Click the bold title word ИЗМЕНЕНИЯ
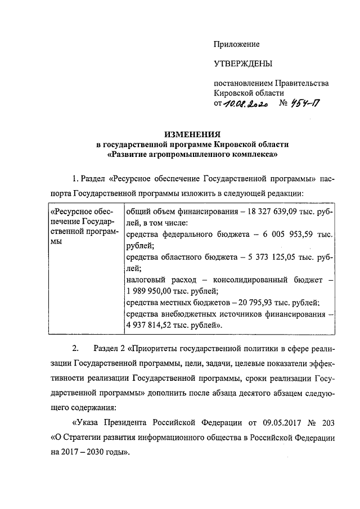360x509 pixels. (x=192, y=134)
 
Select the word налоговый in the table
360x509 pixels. (x=147, y=280)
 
